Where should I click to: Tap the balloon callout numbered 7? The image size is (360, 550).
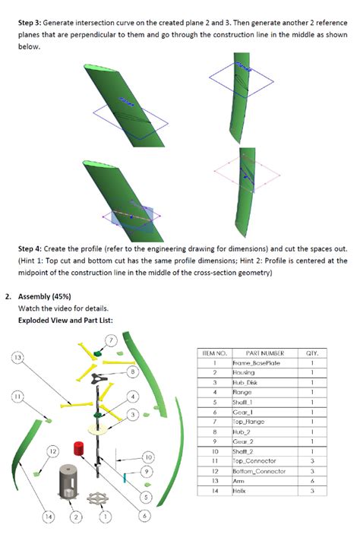(111, 340)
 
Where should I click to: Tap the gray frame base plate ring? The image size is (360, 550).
(97, 503)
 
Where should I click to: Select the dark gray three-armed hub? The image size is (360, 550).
(99, 378)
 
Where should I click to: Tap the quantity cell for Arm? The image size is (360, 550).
(312, 481)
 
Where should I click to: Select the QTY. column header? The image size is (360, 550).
(312, 352)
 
